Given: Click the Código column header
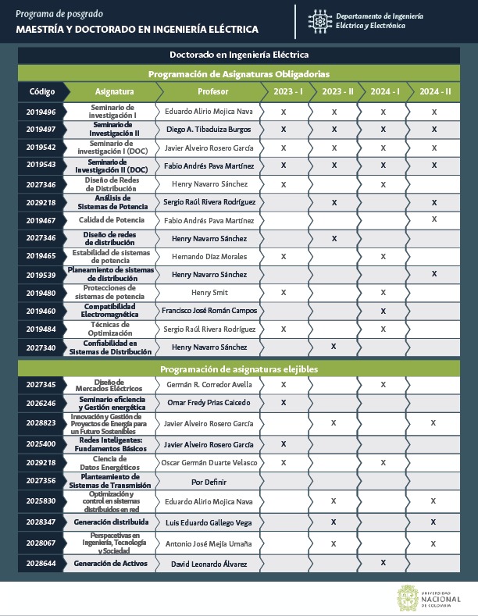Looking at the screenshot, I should (42, 91).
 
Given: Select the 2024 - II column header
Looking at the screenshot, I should (434, 91).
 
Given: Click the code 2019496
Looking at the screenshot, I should (41, 112).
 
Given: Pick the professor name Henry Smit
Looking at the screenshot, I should (209, 292).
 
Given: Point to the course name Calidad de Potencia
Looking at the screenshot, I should (113, 220).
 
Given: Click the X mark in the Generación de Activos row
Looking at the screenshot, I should (383, 563).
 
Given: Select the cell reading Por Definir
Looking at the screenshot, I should (209, 481).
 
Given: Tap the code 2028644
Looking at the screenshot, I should (41, 563).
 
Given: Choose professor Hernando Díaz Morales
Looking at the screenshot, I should (209, 256).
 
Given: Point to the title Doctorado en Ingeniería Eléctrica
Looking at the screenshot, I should (239, 55).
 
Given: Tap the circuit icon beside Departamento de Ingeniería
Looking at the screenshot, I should (318, 20).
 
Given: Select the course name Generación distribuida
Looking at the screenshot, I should (112, 522).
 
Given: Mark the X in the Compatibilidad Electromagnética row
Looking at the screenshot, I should (383, 311).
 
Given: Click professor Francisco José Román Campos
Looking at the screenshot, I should (209, 311).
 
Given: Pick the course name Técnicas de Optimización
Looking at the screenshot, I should (113, 329).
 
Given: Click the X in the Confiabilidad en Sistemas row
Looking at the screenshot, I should (334, 346).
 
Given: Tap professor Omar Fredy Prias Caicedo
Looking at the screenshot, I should (209, 402).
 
